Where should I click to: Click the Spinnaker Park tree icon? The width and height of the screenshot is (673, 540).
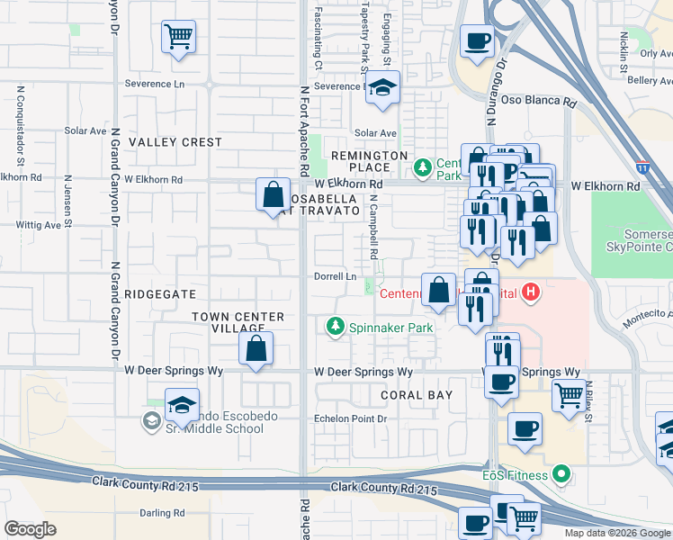336,325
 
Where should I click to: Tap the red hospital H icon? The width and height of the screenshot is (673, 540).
532,292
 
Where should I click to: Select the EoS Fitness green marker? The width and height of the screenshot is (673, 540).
562,473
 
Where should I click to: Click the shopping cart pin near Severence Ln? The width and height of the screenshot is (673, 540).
179,37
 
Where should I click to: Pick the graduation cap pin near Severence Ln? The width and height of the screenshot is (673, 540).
382,87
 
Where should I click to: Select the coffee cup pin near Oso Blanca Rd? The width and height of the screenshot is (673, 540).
476,40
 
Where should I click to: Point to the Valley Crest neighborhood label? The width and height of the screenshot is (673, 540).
175,142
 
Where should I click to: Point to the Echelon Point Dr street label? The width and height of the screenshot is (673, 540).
350,418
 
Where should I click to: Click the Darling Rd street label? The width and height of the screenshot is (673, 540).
162,513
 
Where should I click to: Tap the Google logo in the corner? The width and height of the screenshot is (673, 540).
30,529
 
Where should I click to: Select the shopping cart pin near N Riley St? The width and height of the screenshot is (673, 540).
568,394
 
